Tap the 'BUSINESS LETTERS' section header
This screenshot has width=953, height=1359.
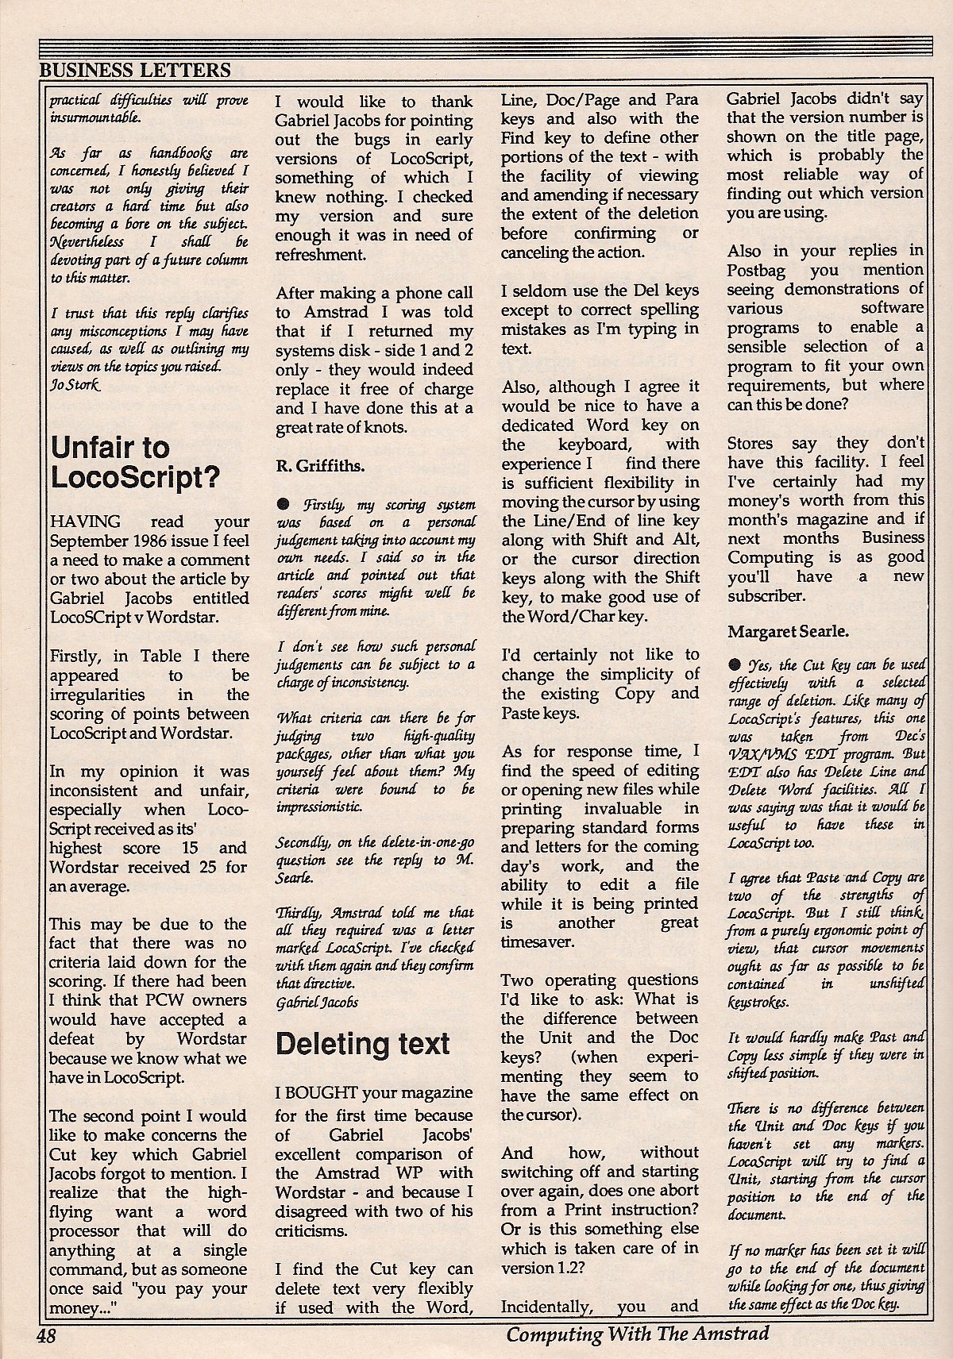pos(135,70)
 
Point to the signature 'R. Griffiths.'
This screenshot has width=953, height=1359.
pos(320,466)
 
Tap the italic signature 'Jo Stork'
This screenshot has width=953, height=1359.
pos(76,385)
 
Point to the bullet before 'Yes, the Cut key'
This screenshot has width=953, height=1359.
pos(735,664)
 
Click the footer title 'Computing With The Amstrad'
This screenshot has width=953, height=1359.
pos(638,1334)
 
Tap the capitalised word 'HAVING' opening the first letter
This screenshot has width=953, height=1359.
pos(85,522)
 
